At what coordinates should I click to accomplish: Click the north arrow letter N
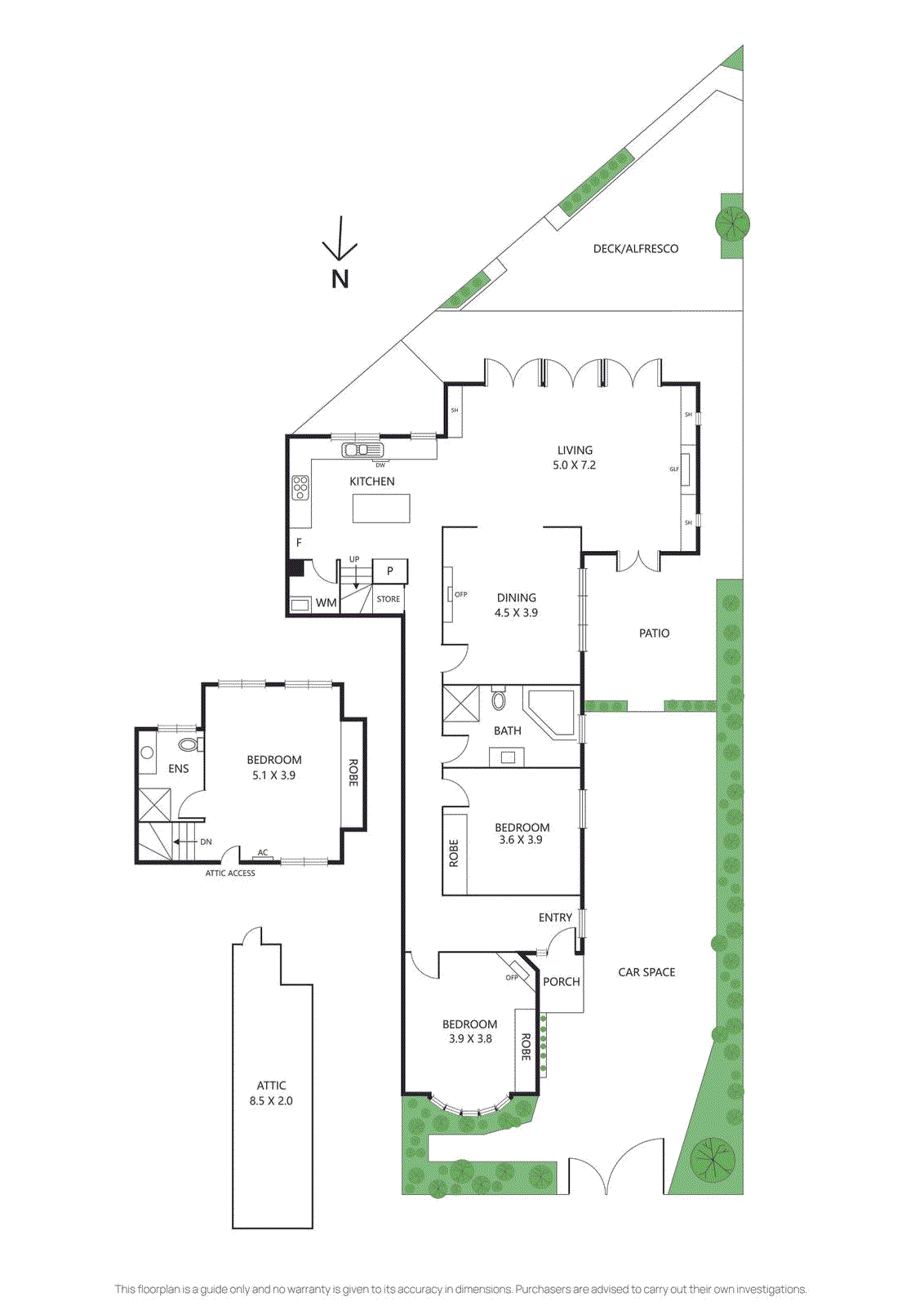click(x=340, y=279)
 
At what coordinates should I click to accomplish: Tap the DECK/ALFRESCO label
click(x=635, y=249)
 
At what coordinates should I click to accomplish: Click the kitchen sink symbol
click(x=362, y=450)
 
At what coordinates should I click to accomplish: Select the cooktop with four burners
click(x=300, y=487)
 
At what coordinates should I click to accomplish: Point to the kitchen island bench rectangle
click(x=381, y=508)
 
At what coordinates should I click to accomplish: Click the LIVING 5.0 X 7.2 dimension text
click(x=575, y=465)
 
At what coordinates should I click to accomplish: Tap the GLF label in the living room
click(x=674, y=469)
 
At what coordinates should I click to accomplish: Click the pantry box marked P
click(x=390, y=571)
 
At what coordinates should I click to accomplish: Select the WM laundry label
click(x=326, y=603)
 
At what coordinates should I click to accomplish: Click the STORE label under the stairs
click(x=389, y=599)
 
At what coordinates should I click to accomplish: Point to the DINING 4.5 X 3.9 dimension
click(x=516, y=613)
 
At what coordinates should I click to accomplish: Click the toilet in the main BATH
click(x=498, y=700)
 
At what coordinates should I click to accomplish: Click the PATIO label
click(x=654, y=633)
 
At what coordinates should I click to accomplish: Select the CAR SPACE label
click(x=646, y=972)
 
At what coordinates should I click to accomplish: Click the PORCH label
click(x=562, y=982)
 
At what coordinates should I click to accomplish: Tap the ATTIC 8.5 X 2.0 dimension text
click(x=271, y=1101)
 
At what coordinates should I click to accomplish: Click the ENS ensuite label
click(x=178, y=769)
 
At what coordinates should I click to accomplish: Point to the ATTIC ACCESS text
click(x=230, y=873)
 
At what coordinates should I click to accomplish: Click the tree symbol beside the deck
click(x=732, y=223)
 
